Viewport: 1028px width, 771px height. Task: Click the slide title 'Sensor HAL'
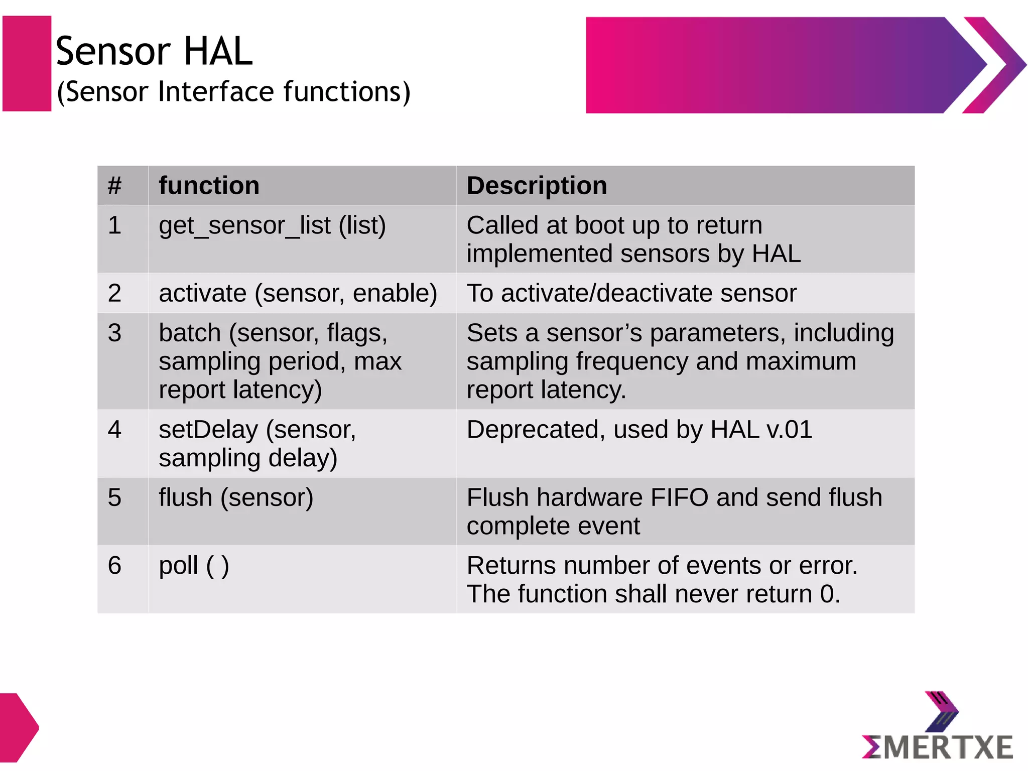coord(154,51)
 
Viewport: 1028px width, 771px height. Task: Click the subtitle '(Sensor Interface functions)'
coord(233,92)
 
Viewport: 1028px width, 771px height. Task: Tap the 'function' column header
coord(209,186)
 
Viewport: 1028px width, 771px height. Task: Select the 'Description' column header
coord(537,186)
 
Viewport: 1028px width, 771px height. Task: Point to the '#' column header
coord(114,186)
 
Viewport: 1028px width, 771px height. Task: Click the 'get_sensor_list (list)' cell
coord(272,225)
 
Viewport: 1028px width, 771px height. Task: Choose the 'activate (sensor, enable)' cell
coord(298,293)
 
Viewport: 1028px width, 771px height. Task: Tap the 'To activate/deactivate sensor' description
coord(631,293)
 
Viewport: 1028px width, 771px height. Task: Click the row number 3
coord(114,333)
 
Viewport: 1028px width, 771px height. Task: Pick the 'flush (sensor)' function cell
coord(236,497)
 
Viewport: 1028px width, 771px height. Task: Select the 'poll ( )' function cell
coord(194,566)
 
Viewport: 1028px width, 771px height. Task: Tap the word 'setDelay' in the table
coord(208,430)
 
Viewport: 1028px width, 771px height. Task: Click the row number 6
coord(114,566)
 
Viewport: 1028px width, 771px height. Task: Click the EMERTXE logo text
coord(937,747)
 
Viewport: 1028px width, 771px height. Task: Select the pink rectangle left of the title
coord(27,63)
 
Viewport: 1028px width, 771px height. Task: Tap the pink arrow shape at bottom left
coord(18,727)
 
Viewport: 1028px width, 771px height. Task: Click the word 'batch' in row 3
coord(190,333)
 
